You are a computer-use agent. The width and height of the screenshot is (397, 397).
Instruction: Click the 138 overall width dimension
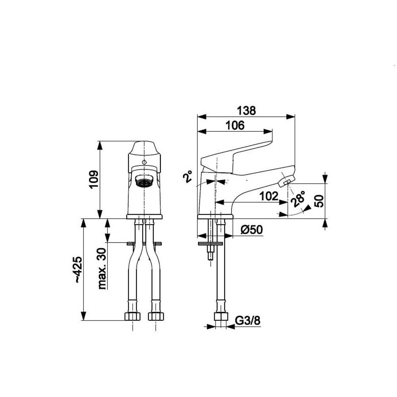247,111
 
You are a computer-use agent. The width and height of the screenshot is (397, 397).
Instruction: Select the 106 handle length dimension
235,125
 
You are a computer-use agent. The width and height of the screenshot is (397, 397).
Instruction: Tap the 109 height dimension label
94,179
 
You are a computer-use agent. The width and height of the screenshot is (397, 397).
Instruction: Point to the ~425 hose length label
78,270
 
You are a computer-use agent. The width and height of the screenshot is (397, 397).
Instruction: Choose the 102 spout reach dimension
269,196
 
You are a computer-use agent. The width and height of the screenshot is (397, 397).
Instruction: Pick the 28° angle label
298,199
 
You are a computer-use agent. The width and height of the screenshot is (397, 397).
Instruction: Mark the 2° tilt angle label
188,177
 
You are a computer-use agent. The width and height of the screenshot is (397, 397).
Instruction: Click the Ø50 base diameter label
252,229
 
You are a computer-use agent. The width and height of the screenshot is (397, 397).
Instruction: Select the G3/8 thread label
248,320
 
